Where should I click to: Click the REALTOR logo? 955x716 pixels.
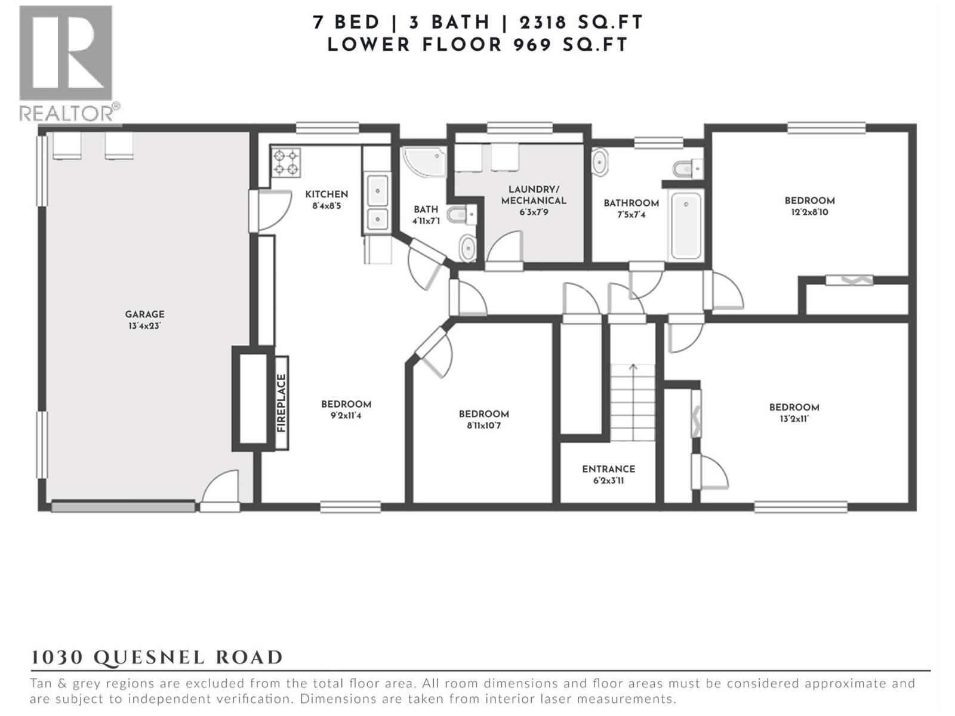66,62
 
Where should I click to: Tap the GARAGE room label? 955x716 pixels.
144,314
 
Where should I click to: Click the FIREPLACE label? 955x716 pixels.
282,403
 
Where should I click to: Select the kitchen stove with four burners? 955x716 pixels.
286,162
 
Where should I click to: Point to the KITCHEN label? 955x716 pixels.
326,194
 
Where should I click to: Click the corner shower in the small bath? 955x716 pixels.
423,162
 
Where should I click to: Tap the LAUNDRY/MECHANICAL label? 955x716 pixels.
534,195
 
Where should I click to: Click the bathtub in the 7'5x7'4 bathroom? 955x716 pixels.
686,225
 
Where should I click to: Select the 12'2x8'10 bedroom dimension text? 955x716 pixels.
809,212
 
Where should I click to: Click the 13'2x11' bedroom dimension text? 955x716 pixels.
794,419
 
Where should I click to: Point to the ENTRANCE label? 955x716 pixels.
609,469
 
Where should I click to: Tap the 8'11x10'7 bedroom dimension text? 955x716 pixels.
483,425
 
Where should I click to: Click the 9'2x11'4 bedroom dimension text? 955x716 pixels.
346,416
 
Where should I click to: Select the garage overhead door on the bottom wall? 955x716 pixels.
123,507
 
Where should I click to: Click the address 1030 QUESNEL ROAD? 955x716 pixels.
157,658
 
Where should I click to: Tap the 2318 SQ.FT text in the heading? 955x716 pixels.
581,23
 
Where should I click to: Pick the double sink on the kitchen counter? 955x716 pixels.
377,202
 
